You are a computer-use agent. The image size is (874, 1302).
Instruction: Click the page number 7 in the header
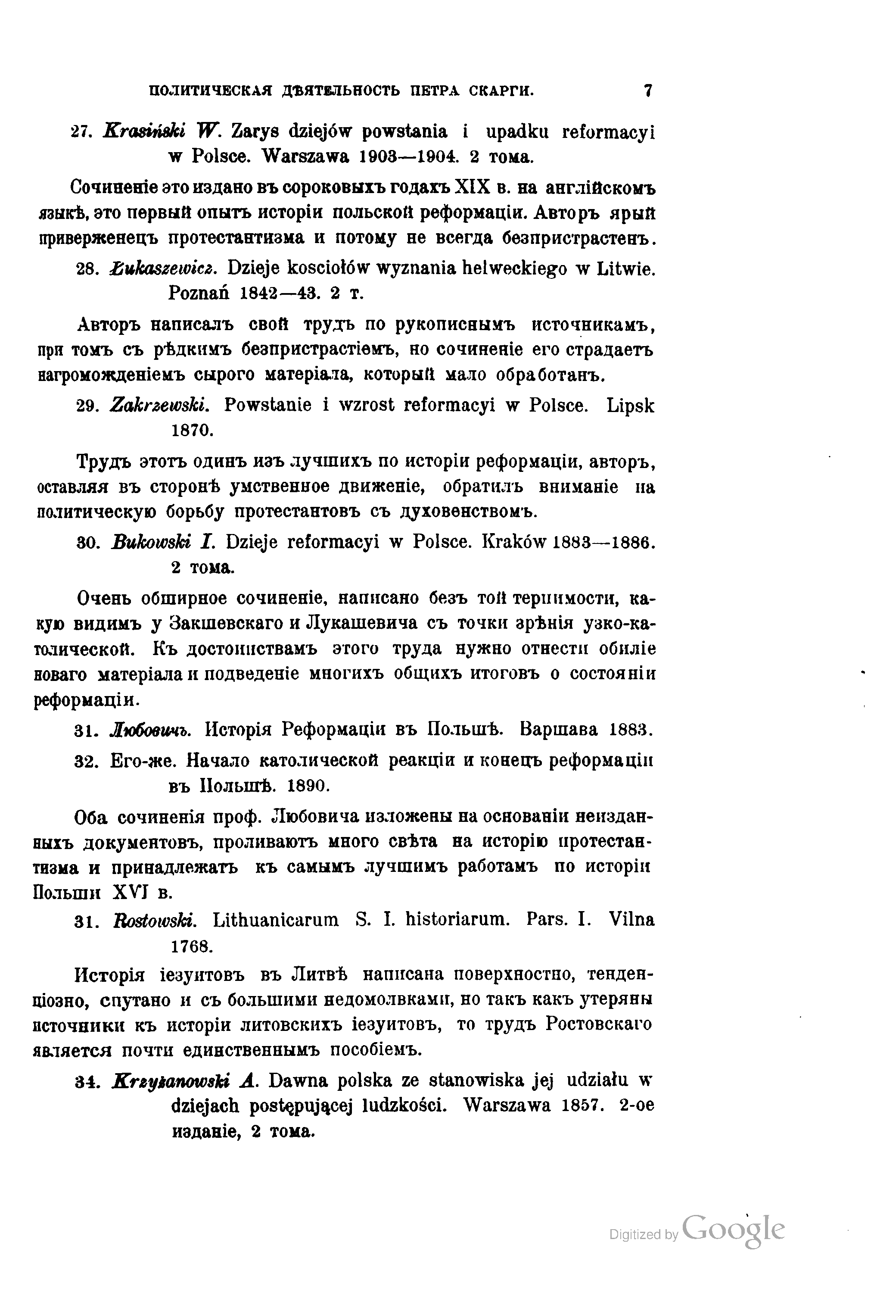coord(648,91)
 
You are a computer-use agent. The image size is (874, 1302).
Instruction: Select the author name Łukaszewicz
coord(161,269)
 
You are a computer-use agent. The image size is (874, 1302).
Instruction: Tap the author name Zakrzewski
coord(160,406)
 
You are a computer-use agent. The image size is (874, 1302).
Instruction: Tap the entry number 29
coord(87,406)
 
